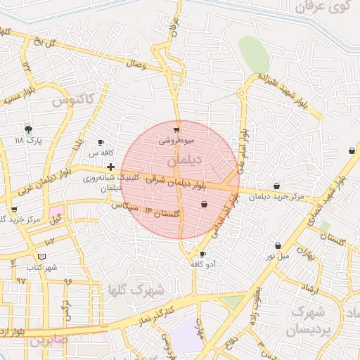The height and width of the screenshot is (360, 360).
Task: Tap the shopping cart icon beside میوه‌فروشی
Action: point(176,130)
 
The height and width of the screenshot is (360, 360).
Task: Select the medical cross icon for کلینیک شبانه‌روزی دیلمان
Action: point(110,167)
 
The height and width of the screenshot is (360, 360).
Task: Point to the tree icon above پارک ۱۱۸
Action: point(28,129)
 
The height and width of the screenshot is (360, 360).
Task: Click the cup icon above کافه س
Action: point(101,141)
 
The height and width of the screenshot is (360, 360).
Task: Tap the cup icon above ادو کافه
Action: point(203,254)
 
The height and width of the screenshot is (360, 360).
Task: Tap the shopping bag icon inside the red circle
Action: point(204,205)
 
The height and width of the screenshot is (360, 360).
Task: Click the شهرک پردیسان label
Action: point(310,320)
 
